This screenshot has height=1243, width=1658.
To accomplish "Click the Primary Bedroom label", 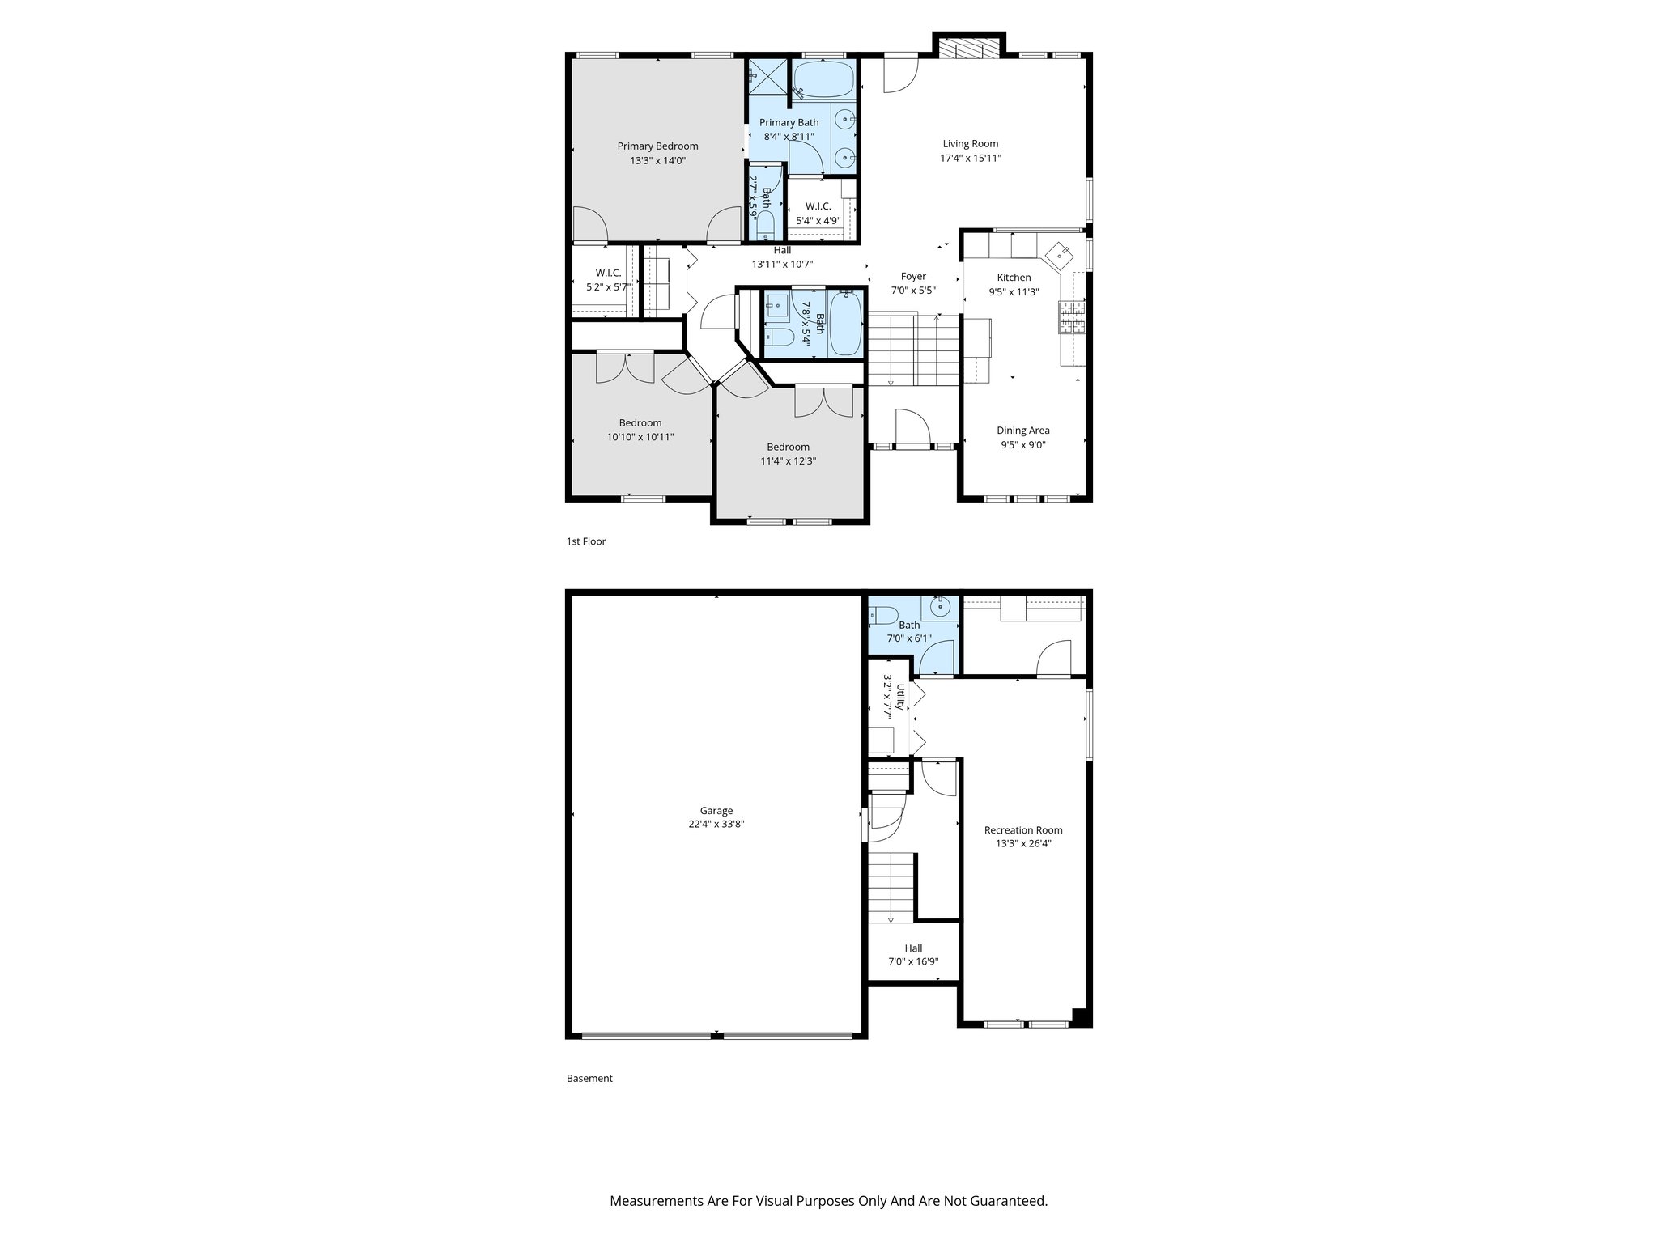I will point(657,146).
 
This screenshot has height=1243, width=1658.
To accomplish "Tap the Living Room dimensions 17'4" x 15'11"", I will point(971,159).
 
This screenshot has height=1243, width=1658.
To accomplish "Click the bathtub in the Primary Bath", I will point(823,81).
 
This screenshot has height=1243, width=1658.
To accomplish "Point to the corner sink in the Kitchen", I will point(1061,255).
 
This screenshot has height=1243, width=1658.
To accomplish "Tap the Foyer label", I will point(913,277).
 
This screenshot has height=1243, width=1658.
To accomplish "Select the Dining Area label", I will point(1022,431).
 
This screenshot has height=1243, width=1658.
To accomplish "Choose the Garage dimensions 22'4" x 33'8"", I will point(716,825).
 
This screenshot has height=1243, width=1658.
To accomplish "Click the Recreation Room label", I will point(1023,830).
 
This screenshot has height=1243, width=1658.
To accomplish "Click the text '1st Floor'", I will point(585,541).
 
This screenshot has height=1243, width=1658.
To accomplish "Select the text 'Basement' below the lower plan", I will point(589,1079).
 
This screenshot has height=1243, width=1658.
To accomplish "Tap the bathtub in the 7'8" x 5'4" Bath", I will point(845,323).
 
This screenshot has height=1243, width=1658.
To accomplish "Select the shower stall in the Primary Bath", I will point(765,77).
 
